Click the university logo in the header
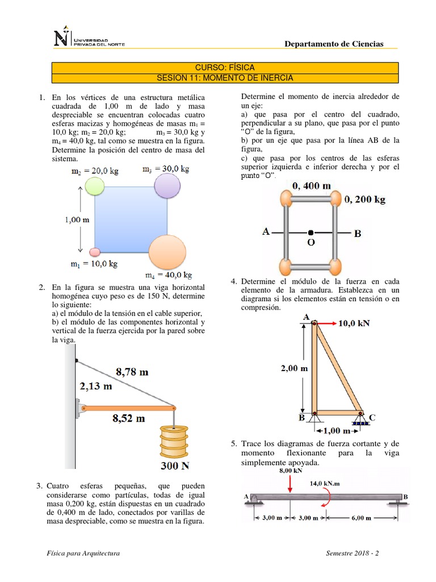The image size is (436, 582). [88, 39]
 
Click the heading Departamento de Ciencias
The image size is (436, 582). [333, 44]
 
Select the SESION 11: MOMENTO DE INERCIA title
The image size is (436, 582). [225, 78]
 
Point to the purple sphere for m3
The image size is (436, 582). [167, 185]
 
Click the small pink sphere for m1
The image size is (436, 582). [95, 252]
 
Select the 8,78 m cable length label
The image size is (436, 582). [132, 372]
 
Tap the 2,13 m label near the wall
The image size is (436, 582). [95, 386]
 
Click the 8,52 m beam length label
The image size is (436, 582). [129, 418]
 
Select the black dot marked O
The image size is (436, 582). [311, 232]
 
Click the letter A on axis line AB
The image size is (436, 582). [266, 232]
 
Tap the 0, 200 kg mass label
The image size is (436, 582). [365, 199]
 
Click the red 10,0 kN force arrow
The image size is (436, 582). [327, 323]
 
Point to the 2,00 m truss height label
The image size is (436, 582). [294, 368]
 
